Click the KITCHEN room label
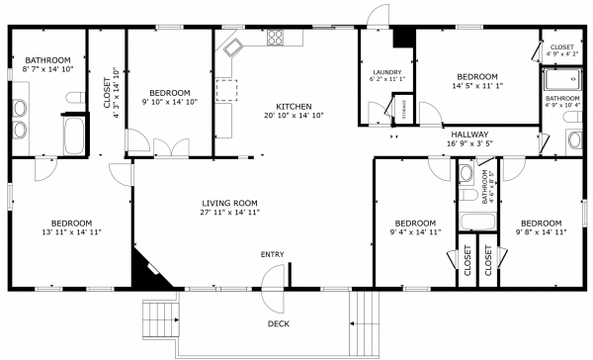[x=294, y=106]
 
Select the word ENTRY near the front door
[x=272, y=255]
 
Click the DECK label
[x=279, y=324]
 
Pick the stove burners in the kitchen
[x=275, y=40]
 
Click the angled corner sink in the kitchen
[x=233, y=45]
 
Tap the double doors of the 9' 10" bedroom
[x=168, y=148]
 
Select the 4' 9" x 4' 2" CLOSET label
[x=561, y=50]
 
